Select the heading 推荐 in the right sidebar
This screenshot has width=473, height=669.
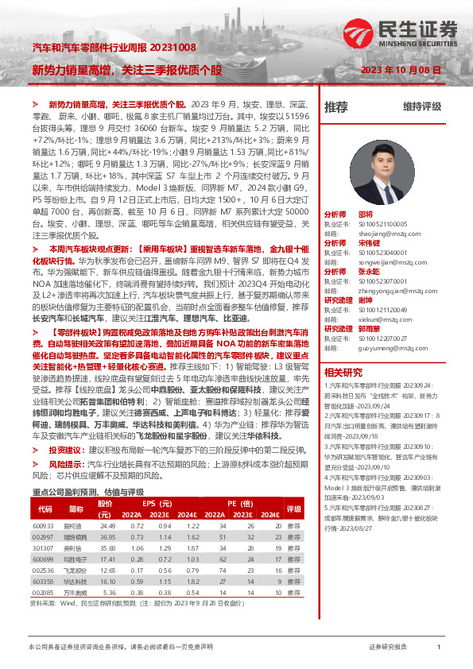click(x=336, y=106)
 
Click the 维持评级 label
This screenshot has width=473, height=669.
click(x=421, y=106)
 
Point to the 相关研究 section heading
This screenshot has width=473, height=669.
click(x=343, y=350)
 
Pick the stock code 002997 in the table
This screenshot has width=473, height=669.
click(x=44, y=538)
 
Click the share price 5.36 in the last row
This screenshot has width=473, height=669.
click(x=108, y=592)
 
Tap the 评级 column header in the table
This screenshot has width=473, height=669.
click(x=294, y=509)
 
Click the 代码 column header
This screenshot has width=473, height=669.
click(x=45, y=509)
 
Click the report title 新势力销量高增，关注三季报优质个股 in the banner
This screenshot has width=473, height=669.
click(x=127, y=70)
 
